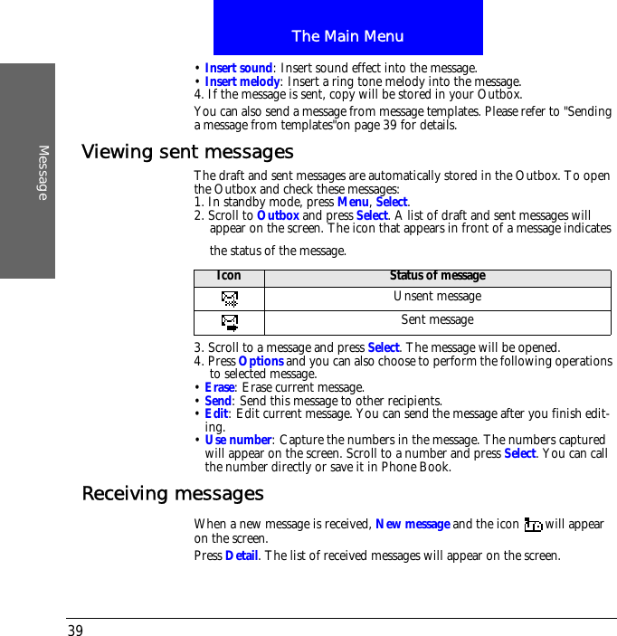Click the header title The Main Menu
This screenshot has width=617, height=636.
click(347, 36)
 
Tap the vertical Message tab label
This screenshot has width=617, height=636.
click(43, 172)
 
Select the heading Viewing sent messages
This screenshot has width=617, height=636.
click(187, 151)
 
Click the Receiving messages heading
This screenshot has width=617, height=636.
click(173, 493)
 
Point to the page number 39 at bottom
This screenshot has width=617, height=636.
click(75, 631)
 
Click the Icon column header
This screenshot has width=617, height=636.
click(229, 275)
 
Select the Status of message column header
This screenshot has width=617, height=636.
click(437, 275)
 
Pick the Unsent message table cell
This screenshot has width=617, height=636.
click(437, 297)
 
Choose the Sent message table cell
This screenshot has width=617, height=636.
click(437, 319)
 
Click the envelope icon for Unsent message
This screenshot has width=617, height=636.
click(230, 298)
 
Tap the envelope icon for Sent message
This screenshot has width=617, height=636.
click(230, 321)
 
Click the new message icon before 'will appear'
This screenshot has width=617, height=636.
click(533, 525)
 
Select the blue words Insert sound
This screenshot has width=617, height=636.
click(238, 68)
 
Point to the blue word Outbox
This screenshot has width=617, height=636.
click(278, 215)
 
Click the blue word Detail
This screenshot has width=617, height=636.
click(242, 555)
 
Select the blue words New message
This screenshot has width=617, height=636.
click(413, 524)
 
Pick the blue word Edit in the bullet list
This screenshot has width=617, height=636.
click(216, 413)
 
